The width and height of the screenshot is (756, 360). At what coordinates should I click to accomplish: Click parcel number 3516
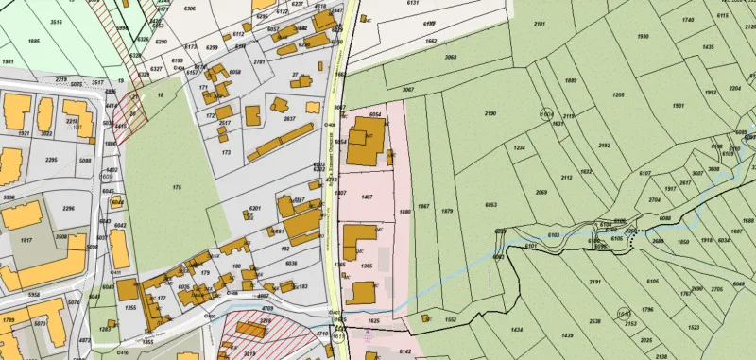57,20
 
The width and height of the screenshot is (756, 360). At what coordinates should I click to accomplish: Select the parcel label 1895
34,42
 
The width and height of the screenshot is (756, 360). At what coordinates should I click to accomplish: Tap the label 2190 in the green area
490,113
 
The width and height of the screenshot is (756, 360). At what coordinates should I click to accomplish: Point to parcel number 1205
618,95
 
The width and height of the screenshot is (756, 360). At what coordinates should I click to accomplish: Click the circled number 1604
546,113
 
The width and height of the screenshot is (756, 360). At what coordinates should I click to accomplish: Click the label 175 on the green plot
177,190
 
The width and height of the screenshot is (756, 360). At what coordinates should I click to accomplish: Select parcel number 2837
290,119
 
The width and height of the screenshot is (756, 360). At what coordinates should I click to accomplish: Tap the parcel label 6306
190,9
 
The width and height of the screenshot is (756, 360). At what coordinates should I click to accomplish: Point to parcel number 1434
517,330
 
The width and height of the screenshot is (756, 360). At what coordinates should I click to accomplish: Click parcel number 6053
490,205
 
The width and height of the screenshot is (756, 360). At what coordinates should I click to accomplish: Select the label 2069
541,192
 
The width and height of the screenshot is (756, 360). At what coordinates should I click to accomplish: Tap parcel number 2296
67,209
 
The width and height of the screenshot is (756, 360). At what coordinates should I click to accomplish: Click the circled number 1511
624,314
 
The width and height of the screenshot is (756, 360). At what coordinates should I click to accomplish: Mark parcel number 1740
687,20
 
